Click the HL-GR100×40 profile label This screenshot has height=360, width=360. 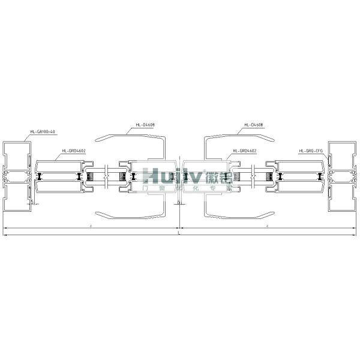pos(42,131)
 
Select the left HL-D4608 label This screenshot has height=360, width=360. pos(145,125)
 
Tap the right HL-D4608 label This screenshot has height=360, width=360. pos(254,125)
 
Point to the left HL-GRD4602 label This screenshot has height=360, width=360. pos(73,151)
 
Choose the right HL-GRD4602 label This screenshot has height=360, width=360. pos(244,151)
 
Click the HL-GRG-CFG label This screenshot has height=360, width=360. pos(311,151)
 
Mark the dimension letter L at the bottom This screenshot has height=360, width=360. pos(179,232)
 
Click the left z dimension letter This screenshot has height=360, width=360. pos(90,226)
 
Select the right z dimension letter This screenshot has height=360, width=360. pos(266,226)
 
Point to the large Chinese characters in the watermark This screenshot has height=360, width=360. pos(216,176)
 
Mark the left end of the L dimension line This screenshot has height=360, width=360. pos(4,235)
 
